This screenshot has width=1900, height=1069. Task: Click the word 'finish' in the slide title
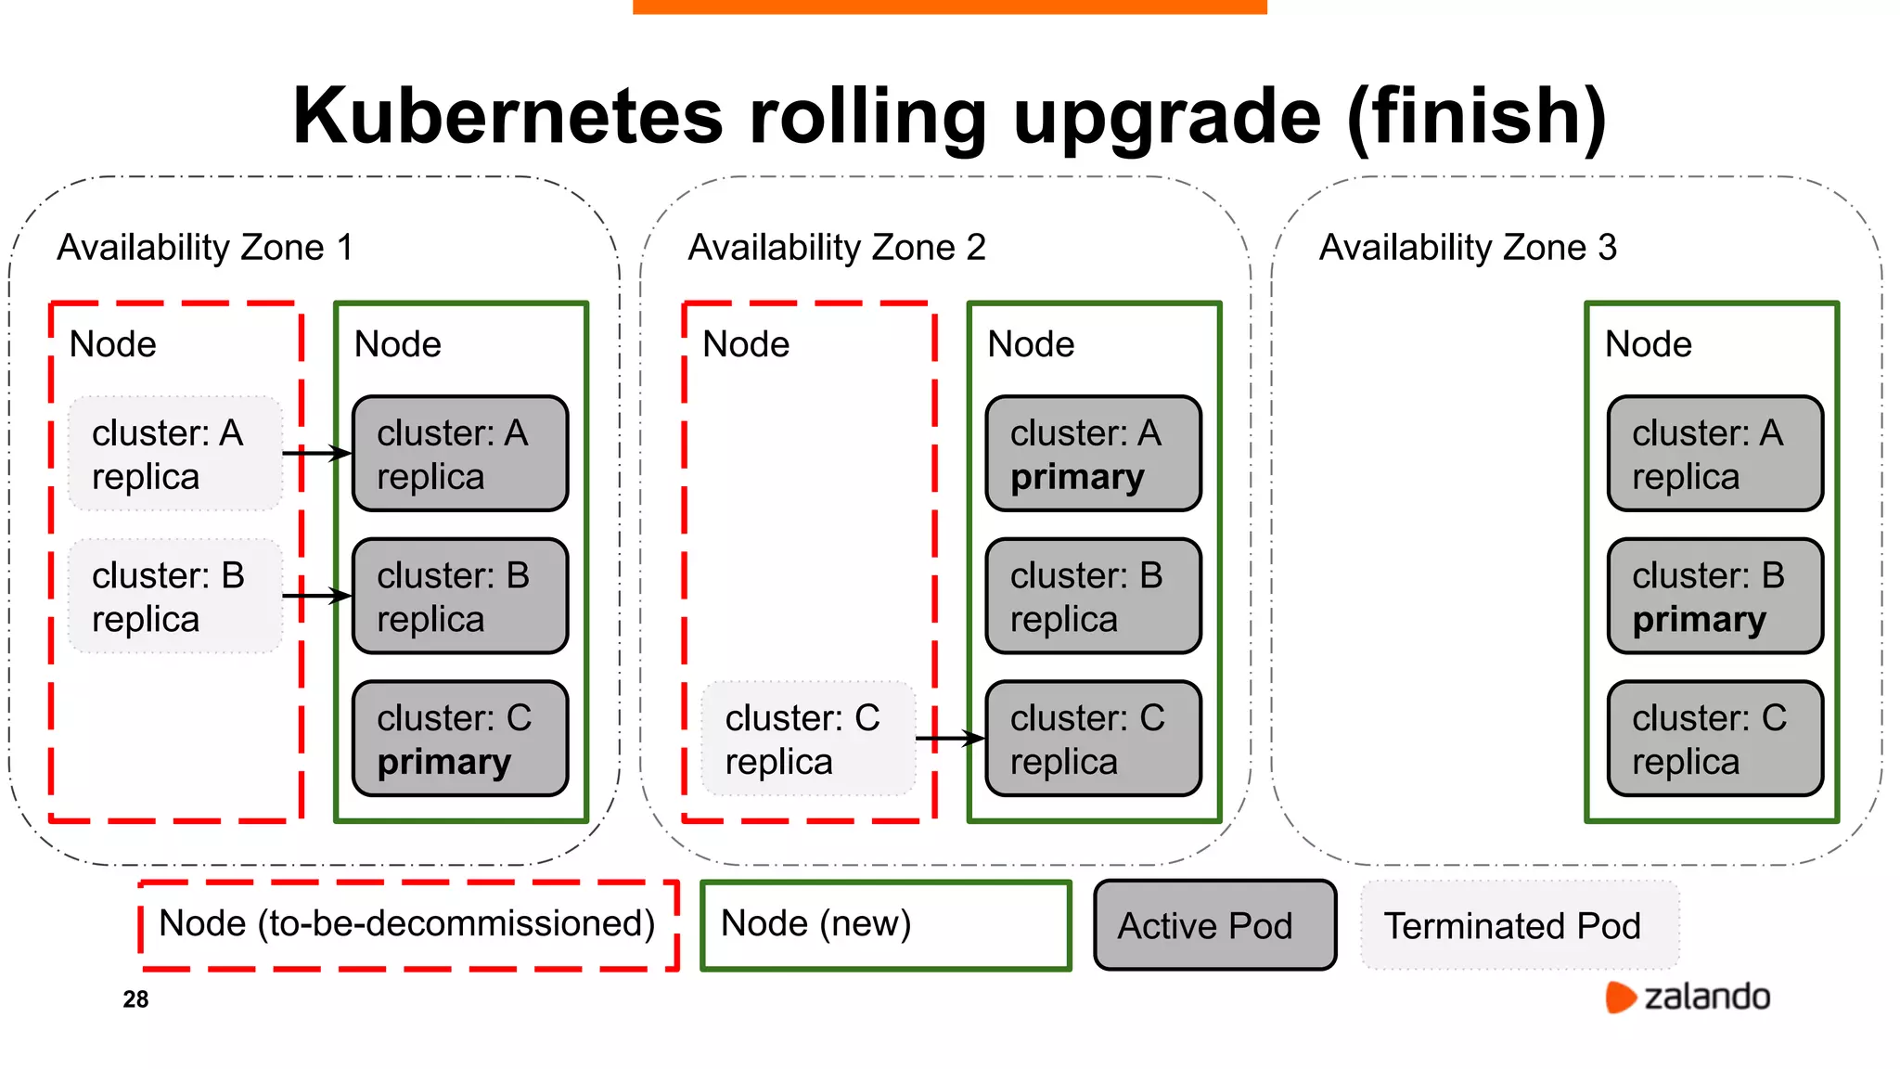1476,117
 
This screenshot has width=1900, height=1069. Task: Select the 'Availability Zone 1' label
205,248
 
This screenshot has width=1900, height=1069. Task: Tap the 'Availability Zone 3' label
1468,248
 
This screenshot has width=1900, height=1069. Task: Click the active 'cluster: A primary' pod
1093,454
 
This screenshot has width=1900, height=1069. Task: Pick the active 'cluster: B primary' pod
1714,597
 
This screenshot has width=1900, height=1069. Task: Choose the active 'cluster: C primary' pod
460,739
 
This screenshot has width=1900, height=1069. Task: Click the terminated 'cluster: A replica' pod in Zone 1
174,454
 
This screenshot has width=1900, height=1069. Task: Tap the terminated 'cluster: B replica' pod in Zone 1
174,597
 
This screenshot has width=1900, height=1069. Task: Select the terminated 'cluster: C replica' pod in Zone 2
807,739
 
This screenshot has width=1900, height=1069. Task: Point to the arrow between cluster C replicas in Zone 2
950,739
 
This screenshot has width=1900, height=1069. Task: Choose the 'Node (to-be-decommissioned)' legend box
408,925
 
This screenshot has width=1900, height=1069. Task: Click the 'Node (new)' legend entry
885,925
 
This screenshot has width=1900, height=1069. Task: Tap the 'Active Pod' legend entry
1214,925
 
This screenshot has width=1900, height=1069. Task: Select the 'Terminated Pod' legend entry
1519,925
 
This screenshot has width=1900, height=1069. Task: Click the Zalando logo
1688,997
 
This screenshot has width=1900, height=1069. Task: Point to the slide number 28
135,999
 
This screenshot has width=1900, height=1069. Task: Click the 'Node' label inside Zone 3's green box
1648,344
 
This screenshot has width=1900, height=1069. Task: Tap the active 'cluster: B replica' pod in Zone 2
1093,597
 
